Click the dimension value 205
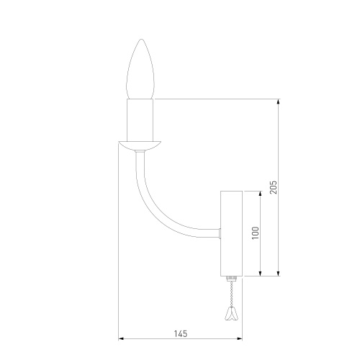point(274,187)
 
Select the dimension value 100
point(256,233)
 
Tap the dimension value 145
point(181,333)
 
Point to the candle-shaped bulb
point(140,69)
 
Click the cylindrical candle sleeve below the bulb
point(140,120)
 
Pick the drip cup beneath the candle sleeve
point(140,146)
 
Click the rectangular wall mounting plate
point(231,233)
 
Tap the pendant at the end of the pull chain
point(230,313)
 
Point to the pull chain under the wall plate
point(231,293)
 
